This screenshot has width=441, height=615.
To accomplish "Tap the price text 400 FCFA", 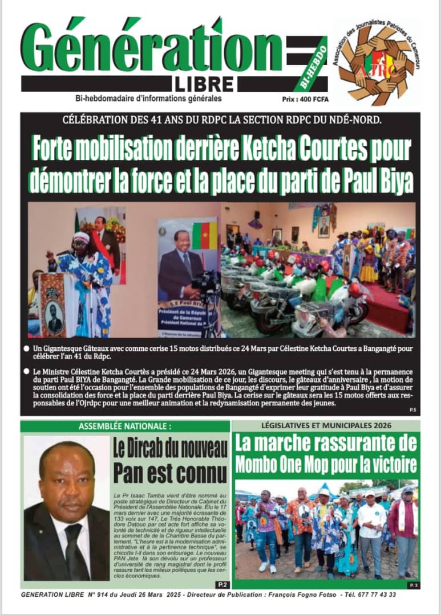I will point(313,98).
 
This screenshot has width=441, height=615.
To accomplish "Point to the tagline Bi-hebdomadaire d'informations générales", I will point(140,98).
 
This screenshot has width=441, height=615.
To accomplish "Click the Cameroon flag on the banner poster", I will point(204,235).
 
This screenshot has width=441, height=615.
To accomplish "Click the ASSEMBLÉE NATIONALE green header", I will point(125,426).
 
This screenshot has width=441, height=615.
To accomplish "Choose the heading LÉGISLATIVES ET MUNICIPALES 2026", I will point(326,425).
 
